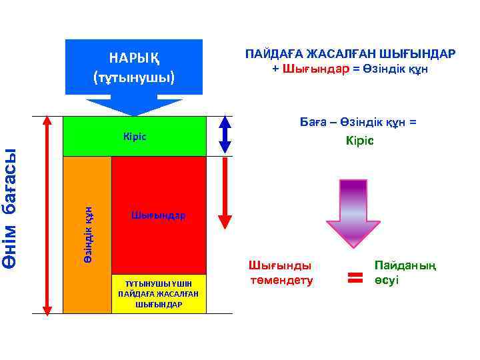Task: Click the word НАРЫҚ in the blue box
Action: (x=133, y=56)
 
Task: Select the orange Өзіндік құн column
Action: (x=87, y=233)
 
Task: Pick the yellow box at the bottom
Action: (x=159, y=294)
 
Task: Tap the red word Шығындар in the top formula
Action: (x=315, y=69)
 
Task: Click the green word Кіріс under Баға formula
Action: (x=360, y=141)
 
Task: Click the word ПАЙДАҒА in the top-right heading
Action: (x=273, y=53)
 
